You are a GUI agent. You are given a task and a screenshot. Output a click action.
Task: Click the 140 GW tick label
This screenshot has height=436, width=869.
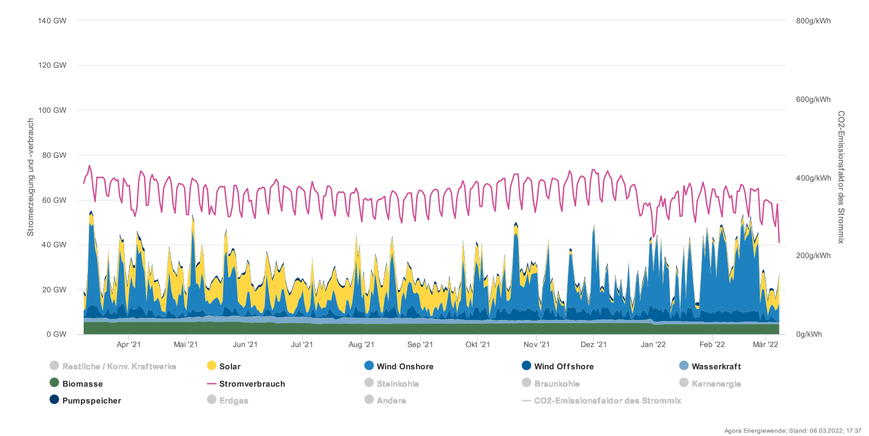click(52, 21)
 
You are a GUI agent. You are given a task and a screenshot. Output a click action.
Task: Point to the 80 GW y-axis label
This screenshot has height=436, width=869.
click(54, 155)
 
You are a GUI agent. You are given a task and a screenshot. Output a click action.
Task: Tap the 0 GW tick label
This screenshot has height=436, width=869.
click(56, 335)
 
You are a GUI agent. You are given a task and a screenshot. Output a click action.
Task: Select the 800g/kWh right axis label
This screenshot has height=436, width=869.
click(813, 21)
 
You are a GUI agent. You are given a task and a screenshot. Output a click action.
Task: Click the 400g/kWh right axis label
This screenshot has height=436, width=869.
click(813, 178)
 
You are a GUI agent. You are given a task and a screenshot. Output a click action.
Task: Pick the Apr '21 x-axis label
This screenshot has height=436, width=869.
click(129, 344)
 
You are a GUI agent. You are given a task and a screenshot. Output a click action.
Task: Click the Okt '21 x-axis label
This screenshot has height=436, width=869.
click(477, 344)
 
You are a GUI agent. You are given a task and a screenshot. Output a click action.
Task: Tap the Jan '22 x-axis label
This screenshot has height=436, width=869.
click(653, 344)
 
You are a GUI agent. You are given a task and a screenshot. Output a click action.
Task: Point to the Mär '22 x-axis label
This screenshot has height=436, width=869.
click(765, 344)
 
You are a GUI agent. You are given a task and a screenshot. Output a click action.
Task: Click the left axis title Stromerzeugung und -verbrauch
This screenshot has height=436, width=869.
click(30, 177)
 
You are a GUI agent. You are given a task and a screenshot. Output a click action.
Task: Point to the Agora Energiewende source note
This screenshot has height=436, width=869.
click(792, 431)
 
